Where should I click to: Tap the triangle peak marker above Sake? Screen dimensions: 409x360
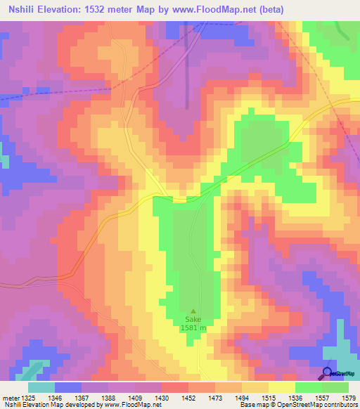(194, 311)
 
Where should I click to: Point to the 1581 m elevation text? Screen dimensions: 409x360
(194, 328)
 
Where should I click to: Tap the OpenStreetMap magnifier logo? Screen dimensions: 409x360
(328, 372)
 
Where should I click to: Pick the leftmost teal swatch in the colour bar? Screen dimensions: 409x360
(41, 387)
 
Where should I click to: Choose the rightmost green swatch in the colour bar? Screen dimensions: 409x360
(335, 387)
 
